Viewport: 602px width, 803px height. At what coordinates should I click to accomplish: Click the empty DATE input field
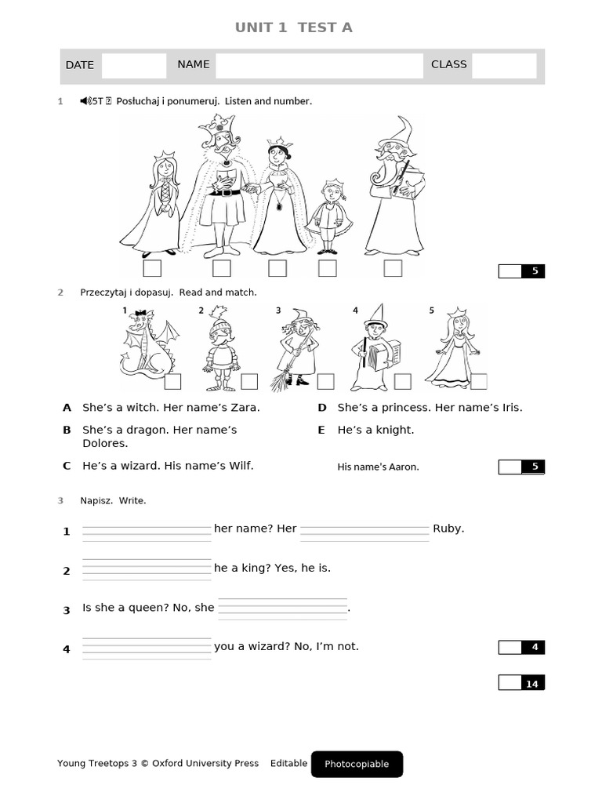133,66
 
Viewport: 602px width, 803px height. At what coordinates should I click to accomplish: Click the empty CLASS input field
504,66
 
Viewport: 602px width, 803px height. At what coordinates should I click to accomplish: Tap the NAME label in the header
193,64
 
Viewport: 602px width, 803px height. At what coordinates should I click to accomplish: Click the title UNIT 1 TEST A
294,27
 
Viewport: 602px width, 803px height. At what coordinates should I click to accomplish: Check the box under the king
222,268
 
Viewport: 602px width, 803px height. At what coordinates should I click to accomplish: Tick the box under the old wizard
393,268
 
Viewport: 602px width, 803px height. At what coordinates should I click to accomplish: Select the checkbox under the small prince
328,268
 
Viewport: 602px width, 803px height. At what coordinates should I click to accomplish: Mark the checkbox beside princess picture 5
478,381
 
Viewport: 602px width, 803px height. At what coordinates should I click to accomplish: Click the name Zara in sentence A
244,408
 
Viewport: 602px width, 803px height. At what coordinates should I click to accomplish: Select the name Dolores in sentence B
104,443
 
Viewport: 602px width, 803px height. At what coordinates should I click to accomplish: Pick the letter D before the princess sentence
321,408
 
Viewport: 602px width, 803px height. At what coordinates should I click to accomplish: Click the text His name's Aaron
378,467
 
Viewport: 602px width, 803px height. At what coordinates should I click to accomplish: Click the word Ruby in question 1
448,529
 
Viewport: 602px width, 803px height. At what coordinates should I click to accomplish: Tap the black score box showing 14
532,684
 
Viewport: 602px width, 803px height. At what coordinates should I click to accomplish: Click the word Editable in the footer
288,764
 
